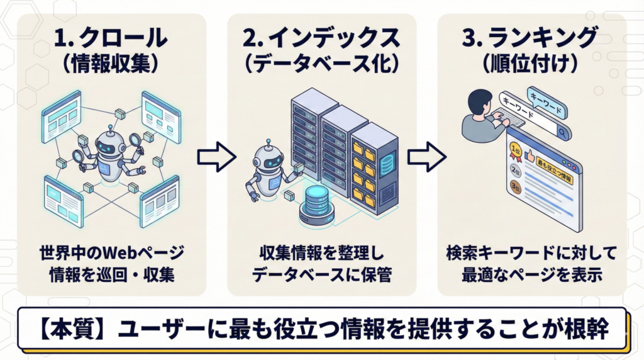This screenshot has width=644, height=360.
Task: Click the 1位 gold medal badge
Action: pyautogui.click(x=516, y=150)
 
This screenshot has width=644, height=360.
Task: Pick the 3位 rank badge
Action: pyautogui.click(x=516, y=187)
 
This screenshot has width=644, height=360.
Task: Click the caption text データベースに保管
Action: pyautogui.click(x=321, y=274)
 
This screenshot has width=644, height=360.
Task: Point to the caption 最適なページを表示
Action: pyautogui.click(x=531, y=274)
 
